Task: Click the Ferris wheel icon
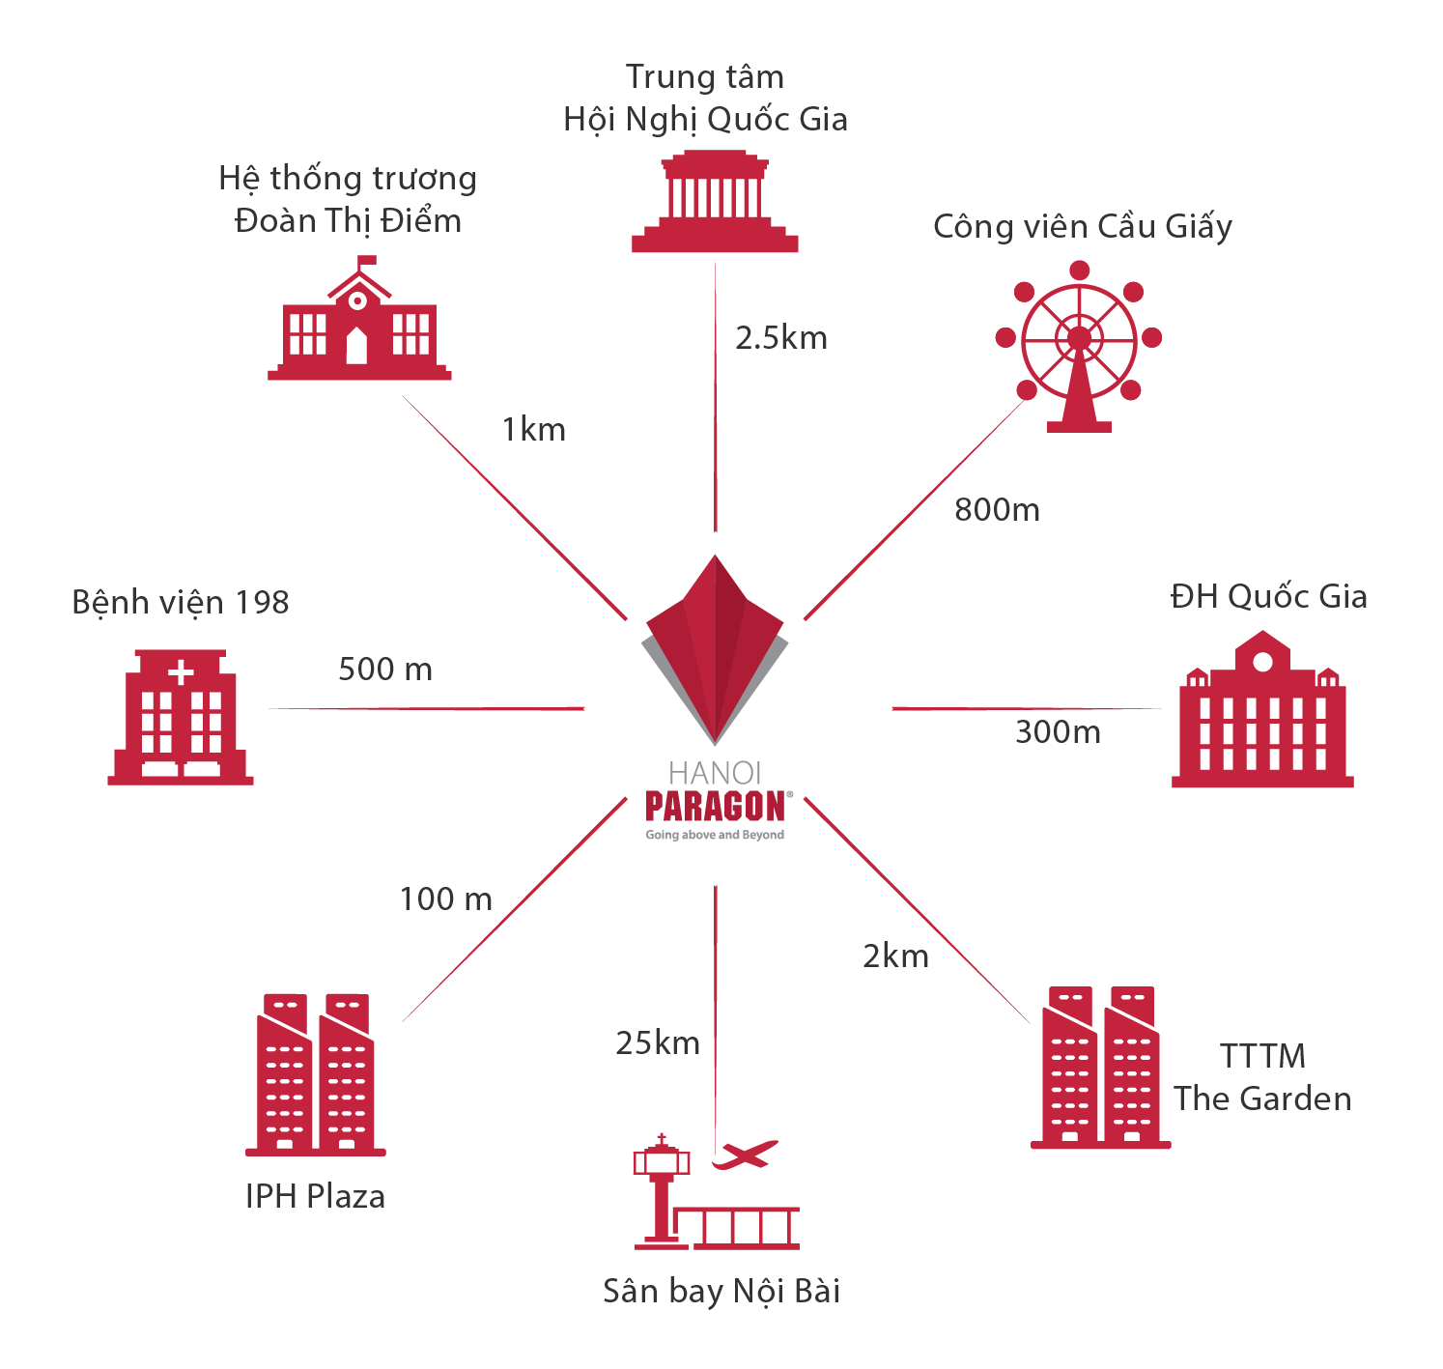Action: tap(1079, 343)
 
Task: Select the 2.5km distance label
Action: tap(781, 338)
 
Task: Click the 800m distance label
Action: tap(997, 509)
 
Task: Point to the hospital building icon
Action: tap(181, 717)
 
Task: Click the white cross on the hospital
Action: tap(181, 672)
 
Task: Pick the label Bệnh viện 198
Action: tap(181, 602)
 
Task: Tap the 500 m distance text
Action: tap(385, 669)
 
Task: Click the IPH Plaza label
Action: tap(315, 1196)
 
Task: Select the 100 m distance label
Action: tap(446, 898)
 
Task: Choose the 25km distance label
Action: tap(658, 1043)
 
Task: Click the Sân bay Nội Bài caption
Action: tap(721, 1291)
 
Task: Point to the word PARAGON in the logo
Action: tap(715, 807)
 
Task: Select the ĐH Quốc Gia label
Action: tap(1268, 596)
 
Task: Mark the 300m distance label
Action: tap(1058, 732)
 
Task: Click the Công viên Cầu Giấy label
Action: tap(1083, 226)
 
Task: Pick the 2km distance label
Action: tap(895, 956)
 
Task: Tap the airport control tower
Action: tap(661, 1188)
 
